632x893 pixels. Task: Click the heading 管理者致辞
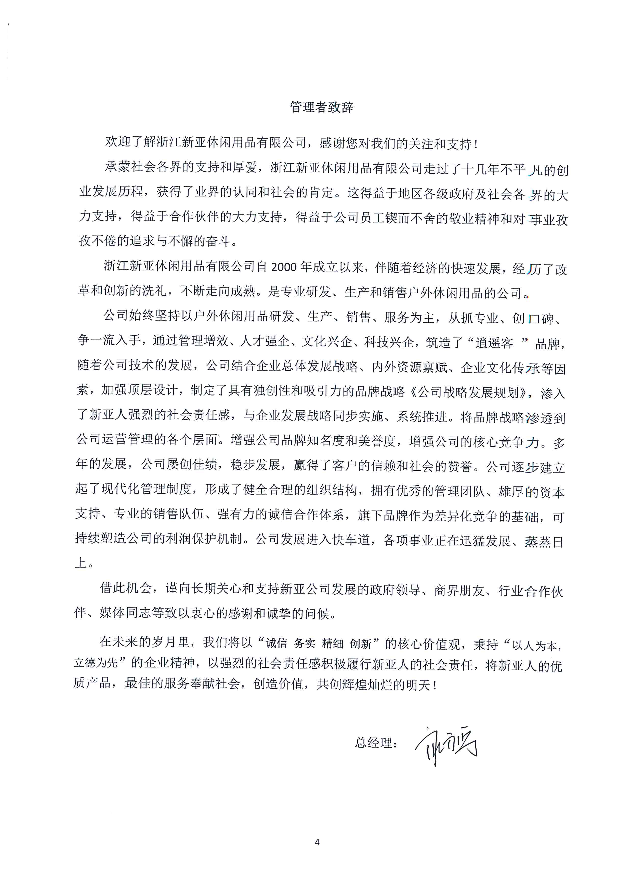coord(321,107)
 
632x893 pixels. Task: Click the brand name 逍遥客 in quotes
coord(494,343)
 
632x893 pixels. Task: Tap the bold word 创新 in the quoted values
coord(360,643)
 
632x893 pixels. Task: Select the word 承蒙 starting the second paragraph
coord(117,167)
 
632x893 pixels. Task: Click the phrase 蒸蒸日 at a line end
coord(544,541)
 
